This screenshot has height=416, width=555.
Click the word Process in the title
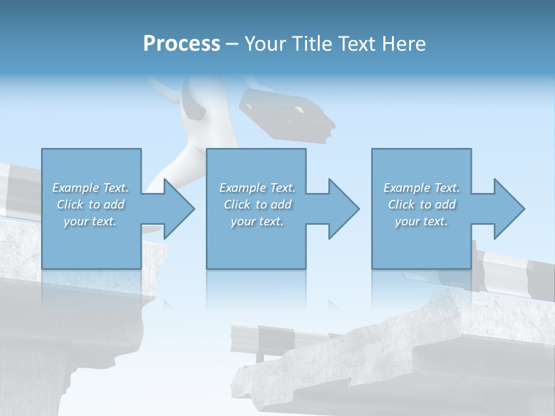[x=182, y=44]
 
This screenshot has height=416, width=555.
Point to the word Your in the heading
[x=263, y=44]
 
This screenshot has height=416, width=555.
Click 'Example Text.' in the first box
[x=91, y=188]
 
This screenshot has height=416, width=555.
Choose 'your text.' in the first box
[x=91, y=221]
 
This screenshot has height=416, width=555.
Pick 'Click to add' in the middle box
[x=257, y=205]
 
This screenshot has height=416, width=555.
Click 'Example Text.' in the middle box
[x=257, y=188]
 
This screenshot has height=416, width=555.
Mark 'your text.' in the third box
[x=421, y=221]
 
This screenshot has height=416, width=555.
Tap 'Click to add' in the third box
[x=421, y=205]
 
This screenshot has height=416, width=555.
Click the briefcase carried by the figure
[x=286, y=113]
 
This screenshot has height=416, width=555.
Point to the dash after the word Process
[x=232, y=44]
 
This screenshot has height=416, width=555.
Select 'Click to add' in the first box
[x=91, y=205]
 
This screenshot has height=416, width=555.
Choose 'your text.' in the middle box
[x=257, y=221]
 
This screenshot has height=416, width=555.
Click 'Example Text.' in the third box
[x=421, y=188]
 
